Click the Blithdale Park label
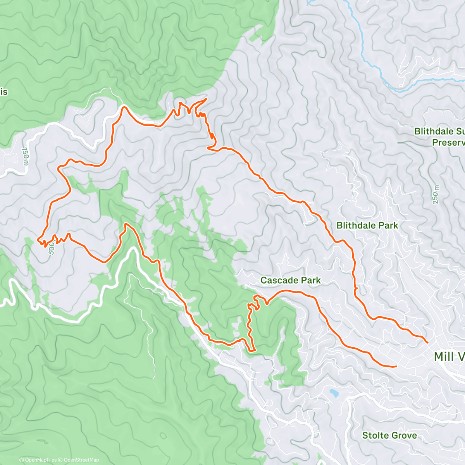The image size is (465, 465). (x=367, y=225)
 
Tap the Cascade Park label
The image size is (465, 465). (x=290, y=280)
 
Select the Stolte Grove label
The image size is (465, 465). (x=389, y=435)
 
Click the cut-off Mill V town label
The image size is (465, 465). (x=449, y=356)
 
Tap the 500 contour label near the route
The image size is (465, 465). (x=52, y=250)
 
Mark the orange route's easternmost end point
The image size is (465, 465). (x=427, y=343)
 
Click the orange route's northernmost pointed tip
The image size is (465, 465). (x=206, y=99)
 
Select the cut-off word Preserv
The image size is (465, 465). (x=448, y=143)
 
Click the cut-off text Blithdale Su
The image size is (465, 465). (x=439, y=131)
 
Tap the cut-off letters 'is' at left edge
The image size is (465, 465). (x=4, y=92)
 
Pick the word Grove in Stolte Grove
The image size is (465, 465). (x=404, y=435)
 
